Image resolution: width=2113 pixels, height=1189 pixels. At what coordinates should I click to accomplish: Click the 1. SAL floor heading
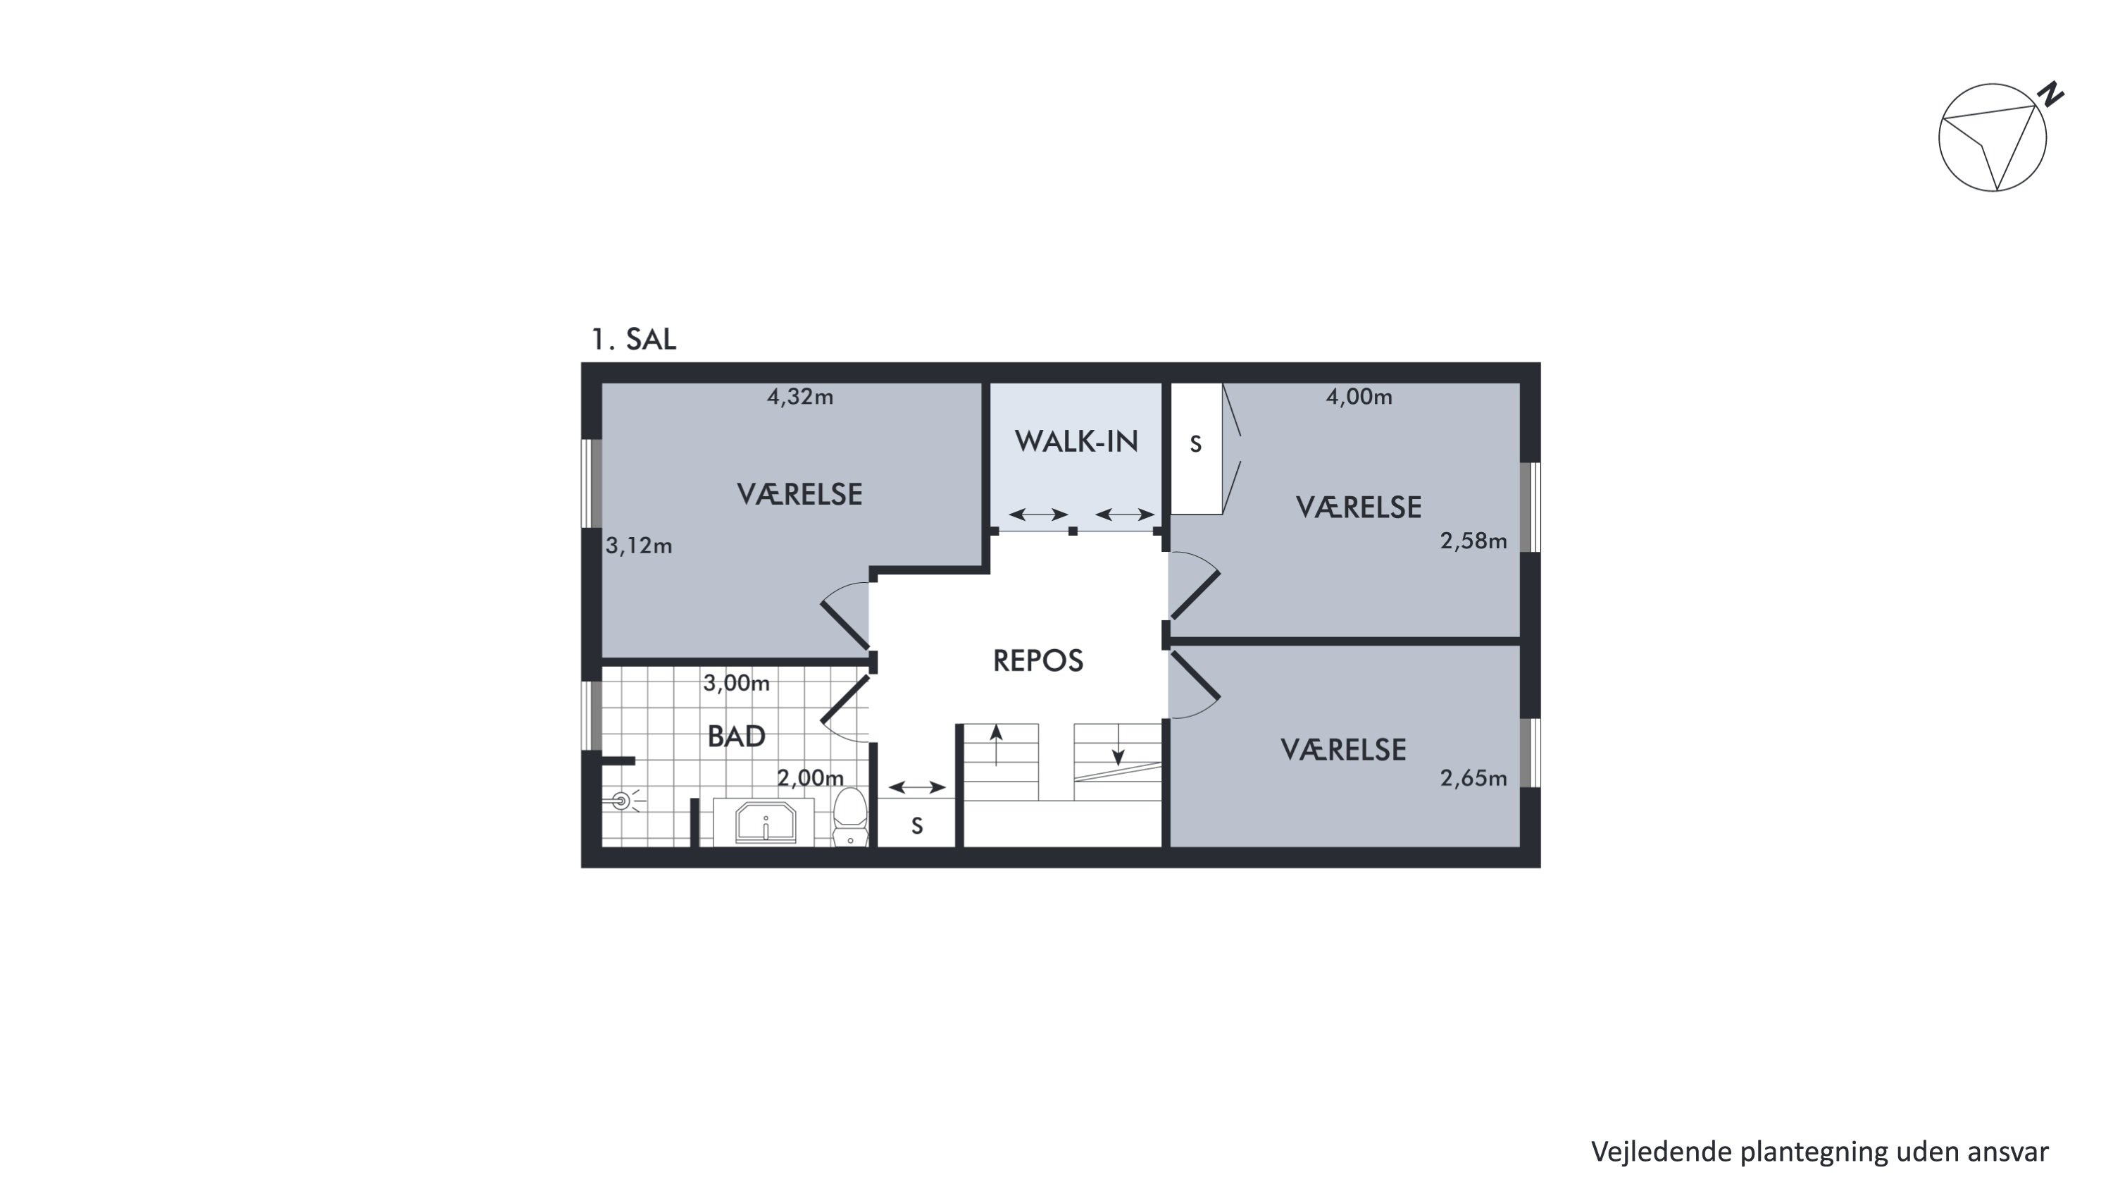[x=633, y=339]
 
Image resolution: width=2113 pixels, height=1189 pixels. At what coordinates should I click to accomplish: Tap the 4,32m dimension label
[x=799, y=397]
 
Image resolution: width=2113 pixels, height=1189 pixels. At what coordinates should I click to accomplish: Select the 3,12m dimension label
[x=639, y=546]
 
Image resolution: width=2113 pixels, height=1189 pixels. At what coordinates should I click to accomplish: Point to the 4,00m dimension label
[x=1359, y=397]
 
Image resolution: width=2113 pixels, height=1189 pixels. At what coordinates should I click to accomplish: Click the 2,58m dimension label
[x=1474, y=541]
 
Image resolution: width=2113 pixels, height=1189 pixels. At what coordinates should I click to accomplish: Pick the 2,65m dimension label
[x=1474, y=778]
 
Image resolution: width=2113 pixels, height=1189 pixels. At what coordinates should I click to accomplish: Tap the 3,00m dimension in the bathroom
[x=737, y=683]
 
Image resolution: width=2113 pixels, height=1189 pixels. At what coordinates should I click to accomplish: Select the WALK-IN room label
[x=1076, y=441]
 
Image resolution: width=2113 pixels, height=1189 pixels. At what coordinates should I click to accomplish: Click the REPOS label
[x=1037, y=660]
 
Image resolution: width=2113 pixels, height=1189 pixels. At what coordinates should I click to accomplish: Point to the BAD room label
[x=737, y=736]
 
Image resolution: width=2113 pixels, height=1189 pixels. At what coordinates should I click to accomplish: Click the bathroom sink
[x=766, y=823]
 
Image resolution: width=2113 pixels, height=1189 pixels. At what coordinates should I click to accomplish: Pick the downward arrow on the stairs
[x=1118, y=745]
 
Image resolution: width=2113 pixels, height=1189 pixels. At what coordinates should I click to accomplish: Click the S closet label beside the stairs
[x=917, y=825]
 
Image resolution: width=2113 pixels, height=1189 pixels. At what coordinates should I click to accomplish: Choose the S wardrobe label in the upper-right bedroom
[x=1196, y=444]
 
